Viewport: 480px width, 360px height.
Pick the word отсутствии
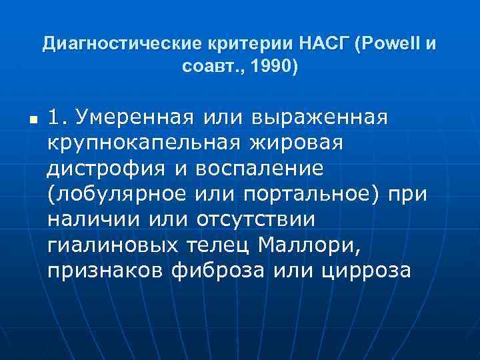267,220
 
